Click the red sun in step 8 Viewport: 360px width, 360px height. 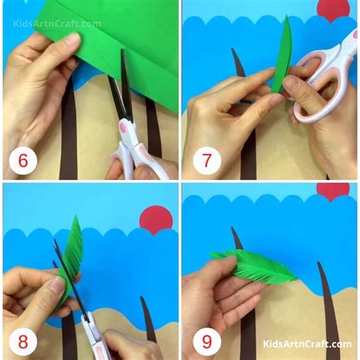tap(156, 219)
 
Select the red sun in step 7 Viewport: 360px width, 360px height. tap(331, 9)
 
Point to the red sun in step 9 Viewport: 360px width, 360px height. tap(333, 190)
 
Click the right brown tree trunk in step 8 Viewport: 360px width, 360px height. tap(148, 319)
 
